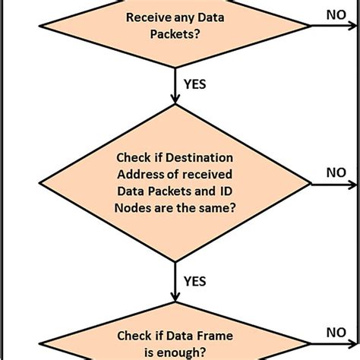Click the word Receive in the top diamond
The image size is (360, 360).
pyautogui.click(x=147, y=17)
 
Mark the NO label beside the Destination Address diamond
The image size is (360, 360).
pyautogui.click(x=335, y=172)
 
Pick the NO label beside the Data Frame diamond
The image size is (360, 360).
pyautogui.click(x=335, y=331)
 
